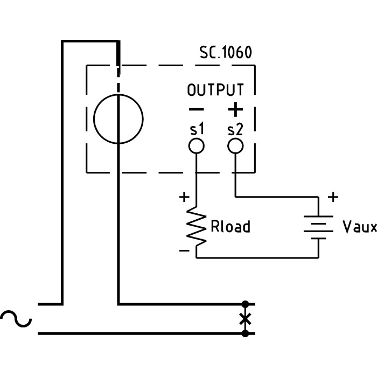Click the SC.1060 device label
pos(225,53)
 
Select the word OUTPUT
pos(215,90)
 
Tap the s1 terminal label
pos(196,129)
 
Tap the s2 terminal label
pos(235,129)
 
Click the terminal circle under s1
pos(196,145)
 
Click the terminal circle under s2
pos(235,145)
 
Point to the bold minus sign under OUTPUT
pos(196,109)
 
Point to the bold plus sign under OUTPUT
pos(235,109)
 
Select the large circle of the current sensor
pos(118,119)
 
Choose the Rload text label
pos(231,227)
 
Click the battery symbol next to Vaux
pos(318,227)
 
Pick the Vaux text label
pos(359,227)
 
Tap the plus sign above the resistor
pos(184,197)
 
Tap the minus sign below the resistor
pos(184,251)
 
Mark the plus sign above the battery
pos(333,197)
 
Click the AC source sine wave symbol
pos(16,319)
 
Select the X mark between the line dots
pos(245,319)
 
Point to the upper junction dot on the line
pos(245,304)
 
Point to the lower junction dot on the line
pos(245,334)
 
